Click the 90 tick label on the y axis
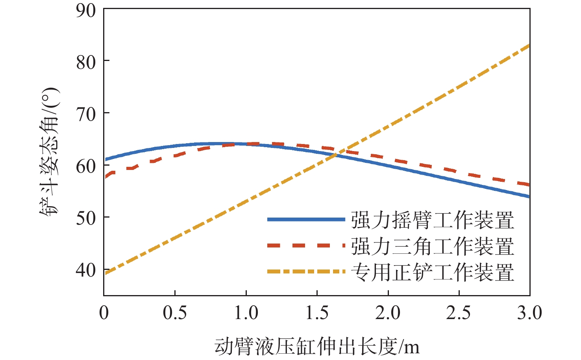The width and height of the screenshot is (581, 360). click(x=86, y=11)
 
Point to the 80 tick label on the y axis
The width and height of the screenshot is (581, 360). click(x=86, y=62)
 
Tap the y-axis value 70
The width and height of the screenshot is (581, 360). click(x=86, y=114)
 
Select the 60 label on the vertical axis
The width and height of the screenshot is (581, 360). click(x=86, y=166)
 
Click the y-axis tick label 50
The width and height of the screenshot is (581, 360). click(x=86, y=218)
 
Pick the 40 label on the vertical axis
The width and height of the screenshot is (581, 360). click(x=86, y=270)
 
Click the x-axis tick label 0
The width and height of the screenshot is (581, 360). click(x=104, y=313)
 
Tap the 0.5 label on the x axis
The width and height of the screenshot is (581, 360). click(x=175, y=313)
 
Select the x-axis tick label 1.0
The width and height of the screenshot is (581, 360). click(x=246, y=313)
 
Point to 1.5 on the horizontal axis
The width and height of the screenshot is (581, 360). click(x=317, y=313)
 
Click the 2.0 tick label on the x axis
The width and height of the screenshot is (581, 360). click(x=388, y=313)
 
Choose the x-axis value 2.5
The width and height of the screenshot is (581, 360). click(x=459, y=313)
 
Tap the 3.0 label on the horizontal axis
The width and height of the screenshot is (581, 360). click(x=529, y=313)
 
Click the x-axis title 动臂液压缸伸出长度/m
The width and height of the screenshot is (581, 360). click(x=317, y=347)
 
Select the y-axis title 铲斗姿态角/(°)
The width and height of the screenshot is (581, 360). click(x=50, y=151)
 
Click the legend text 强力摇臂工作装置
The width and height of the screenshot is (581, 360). click(x=433, y=220)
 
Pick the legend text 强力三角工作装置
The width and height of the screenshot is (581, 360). click(x=433, y=246)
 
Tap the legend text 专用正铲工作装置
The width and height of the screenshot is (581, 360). click(x=433, y=272)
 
